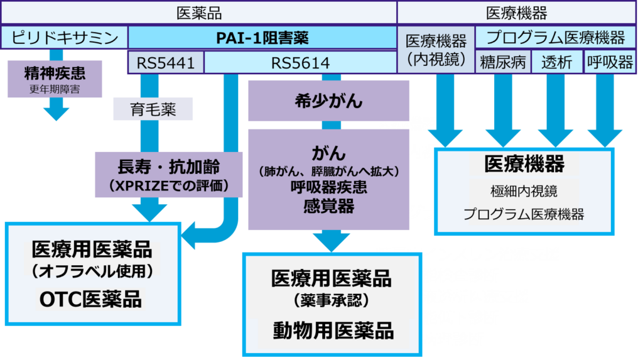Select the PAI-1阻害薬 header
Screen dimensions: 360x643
click(x=262, y=38)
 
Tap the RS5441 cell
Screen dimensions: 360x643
click(x=166, y=63)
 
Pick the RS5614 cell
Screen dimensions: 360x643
click(x=300, y=63)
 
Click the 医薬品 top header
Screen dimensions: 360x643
click(x=199, y=13)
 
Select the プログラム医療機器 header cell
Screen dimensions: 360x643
click(x=556, y=38)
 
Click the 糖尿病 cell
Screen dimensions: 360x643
click(x=503, y=62)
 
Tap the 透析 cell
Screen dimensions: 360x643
click(x=557, y=62)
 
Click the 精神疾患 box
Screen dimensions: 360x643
click(x=55, y=79)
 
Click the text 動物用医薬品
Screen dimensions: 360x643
click(x=333, y=330)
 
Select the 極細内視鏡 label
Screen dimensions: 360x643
click(x=524, y=190)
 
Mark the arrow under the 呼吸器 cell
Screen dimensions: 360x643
click(x=605, y=135)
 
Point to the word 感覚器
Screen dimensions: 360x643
click(x=328, y=205)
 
